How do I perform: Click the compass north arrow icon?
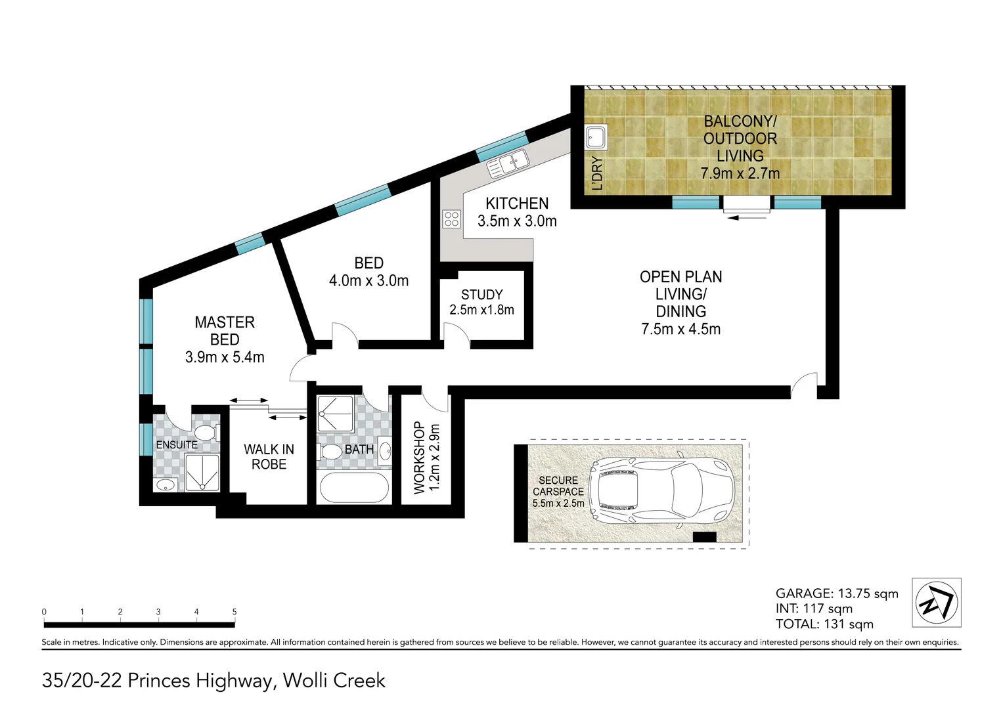[936, 602]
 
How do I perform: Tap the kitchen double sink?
[508, 163]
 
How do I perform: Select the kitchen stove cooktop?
[451, 219]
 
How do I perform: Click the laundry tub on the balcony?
[596, 138]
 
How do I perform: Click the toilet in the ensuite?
[206, 433]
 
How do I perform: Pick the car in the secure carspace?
[660, 490]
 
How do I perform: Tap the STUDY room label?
[481, 295]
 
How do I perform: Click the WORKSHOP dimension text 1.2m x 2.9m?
[434, 458]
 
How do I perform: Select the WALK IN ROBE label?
[269, 457]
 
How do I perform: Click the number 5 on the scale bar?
[234, 612]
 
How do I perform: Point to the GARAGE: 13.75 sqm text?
[836, 593]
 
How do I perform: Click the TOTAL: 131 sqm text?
[824, 624]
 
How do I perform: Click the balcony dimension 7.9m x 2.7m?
[740, 173]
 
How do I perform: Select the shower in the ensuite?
[202, 473]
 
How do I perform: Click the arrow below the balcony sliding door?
[747, 217]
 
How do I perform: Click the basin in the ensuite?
[166, 485]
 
